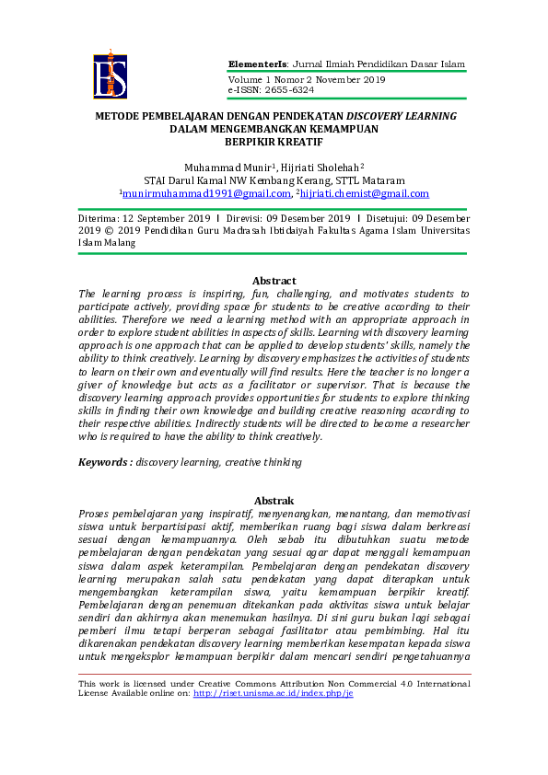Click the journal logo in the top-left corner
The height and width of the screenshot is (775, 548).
click(110, 75)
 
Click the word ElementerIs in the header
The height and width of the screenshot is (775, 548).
click(258, 64)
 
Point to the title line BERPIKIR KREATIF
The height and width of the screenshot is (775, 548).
click(274, 142)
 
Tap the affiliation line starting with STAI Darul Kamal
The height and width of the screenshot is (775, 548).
click(274, 180)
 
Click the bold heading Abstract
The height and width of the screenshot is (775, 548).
click(274, 281)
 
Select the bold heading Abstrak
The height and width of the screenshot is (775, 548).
click(274, 500)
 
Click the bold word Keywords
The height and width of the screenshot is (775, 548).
click(104, 461)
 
